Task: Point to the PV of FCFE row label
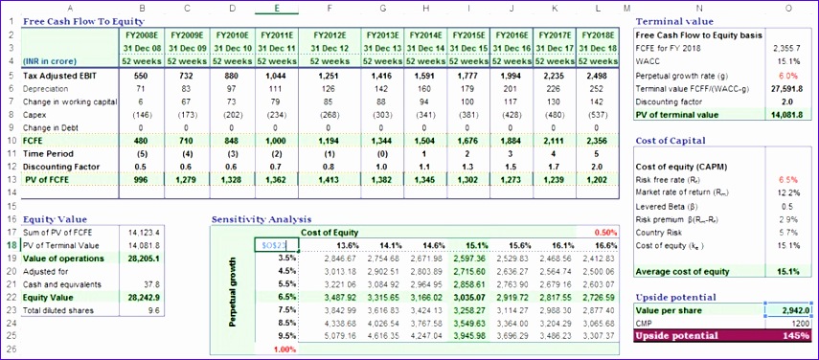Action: point(47,180)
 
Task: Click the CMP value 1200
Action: point(797,324)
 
